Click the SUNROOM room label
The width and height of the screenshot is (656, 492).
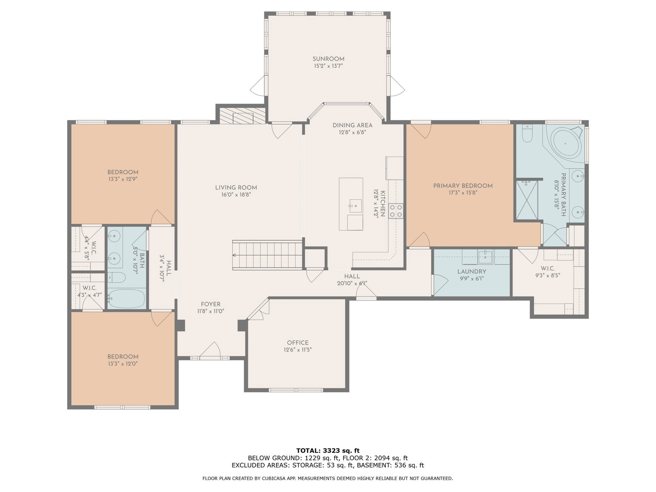point(328,59)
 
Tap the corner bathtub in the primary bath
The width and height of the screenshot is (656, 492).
point(566,143)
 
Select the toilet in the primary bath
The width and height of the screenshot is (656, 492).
point(526,133)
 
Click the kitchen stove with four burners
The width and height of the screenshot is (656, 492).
point(396,211)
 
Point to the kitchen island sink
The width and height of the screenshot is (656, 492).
point(355,205)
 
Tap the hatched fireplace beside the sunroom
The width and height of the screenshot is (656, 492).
point(242,115)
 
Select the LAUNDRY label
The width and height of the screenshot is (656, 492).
point(471,271)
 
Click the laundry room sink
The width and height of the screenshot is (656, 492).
point(485,257)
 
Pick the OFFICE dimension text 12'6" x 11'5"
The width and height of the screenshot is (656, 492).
point(298,349)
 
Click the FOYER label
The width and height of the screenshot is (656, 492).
point(210,304)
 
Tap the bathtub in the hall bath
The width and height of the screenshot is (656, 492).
point(126,298)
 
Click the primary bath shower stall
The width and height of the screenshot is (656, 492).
point(527,200)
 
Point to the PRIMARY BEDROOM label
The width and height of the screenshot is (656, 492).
point(463,186)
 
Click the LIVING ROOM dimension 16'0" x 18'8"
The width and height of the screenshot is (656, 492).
point(236,195)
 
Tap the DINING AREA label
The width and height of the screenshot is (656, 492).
point(352,125)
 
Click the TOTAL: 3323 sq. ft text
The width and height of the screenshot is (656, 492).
point(328,451)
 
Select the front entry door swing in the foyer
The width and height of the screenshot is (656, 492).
point(210,349)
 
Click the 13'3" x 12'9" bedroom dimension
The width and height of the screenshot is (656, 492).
point(123,179)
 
